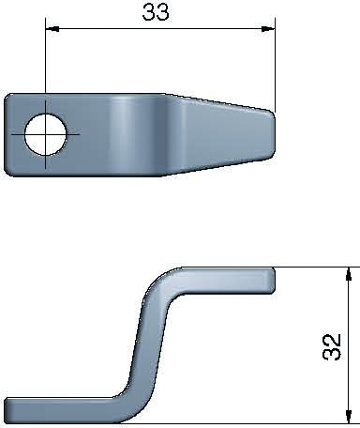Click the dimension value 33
pyautogui.click(x=156, y=12)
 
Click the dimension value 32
pyautogui.click(x=331, y=345)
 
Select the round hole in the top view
pyautogui.click(x=45, y=135)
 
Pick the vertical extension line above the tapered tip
pyautogui.click(x=275, y=66)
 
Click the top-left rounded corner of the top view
pyautogui.click(x=11, y=97)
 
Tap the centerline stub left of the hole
pyautogui.click(x=17, y=135)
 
